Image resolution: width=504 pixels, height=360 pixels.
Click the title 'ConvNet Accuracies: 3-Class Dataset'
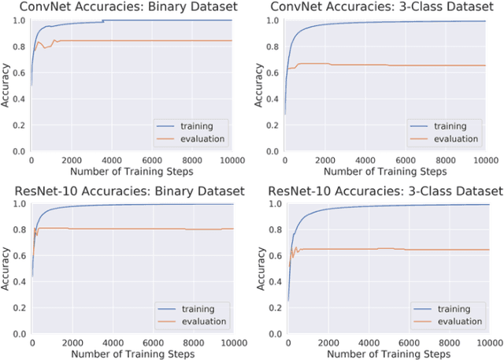(386, 7)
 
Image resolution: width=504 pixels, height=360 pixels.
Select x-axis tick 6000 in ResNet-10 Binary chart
(153, 344)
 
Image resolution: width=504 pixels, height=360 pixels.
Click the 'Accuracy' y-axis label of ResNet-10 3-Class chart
(261, 269)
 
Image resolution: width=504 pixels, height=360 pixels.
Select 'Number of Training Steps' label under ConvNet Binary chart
(132, 172)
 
